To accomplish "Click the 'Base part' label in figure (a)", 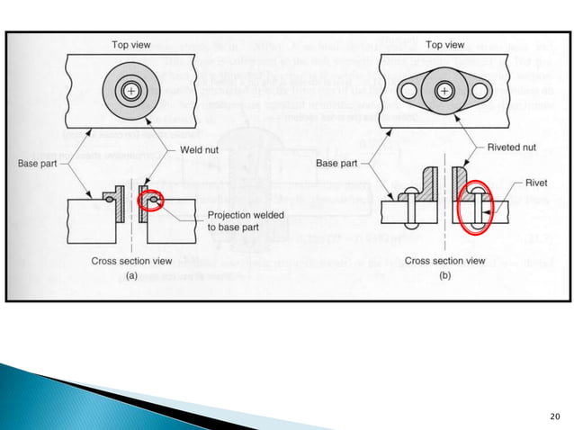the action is click(x=38, y=163).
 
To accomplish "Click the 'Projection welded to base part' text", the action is click(x=240, y=221).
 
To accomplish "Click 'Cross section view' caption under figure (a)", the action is click(x=131, y=261).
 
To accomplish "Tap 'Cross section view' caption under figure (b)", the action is click(x=444, y=261).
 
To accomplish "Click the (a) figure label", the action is click(x=131, y=276).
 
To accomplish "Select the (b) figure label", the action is click(x=444, y=276).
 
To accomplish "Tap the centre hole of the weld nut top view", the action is click(x=131, y=91).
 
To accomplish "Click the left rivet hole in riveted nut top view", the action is click(x=408, y=92).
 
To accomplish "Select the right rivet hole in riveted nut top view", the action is click(x=482, y=92).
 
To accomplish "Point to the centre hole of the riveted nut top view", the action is click(x=444, y=92).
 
